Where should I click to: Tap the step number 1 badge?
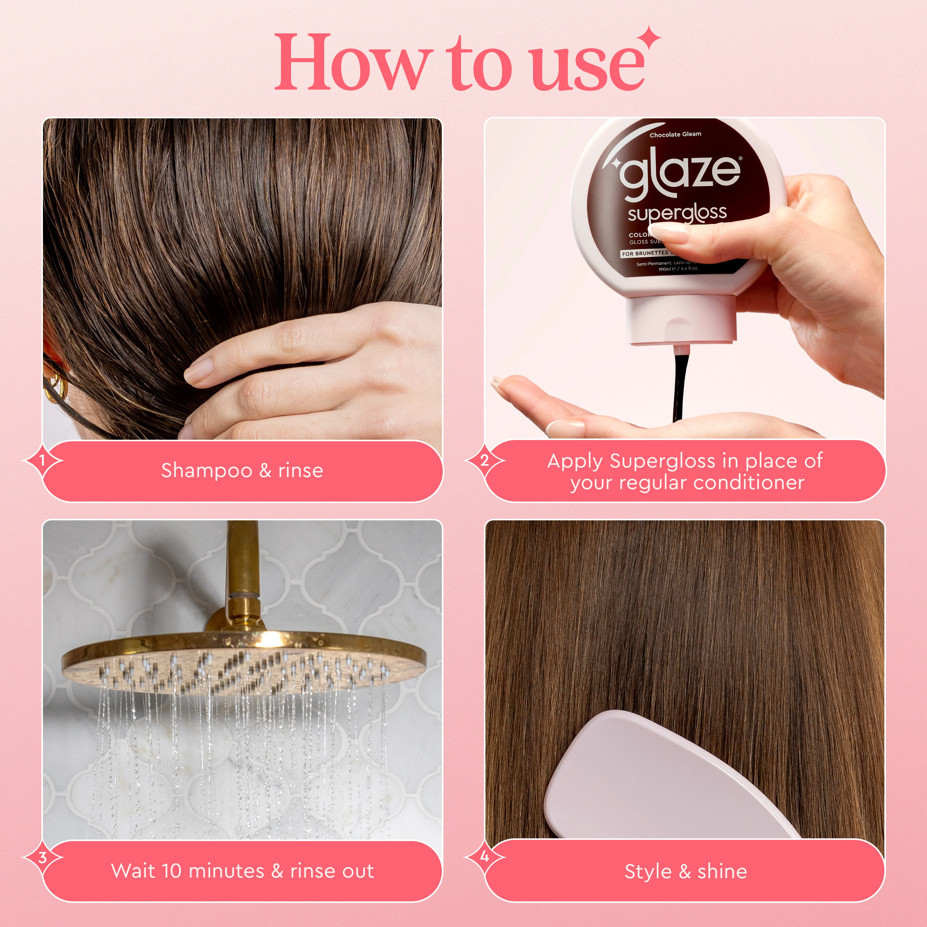(x=42, y=460)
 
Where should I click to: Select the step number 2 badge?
(x=485, y=460)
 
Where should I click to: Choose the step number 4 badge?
(x=485, y=857)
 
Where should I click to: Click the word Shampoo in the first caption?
(x=206, y=471)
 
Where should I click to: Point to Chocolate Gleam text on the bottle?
(x=675, y=134)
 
